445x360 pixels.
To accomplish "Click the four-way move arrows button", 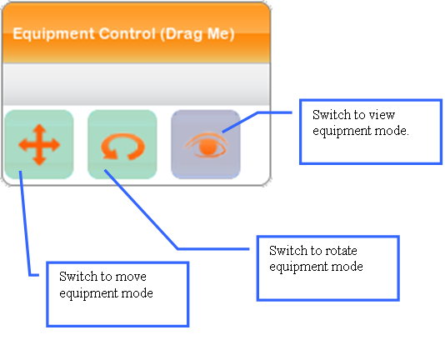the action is click(39, 144).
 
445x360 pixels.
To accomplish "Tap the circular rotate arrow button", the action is click(122, 144).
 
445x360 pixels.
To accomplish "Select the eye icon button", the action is click(206, 144).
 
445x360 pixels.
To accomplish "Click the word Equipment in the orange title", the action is click(53, 34).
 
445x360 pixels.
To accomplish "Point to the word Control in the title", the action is click(127, 33).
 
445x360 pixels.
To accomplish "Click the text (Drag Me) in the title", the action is click(197, 34).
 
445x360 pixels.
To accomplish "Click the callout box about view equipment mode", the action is click(371, 132).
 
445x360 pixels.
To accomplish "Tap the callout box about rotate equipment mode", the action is click(328, 268).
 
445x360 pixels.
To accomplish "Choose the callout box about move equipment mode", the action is click(117, 294).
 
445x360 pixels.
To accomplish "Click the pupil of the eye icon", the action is click(207, 147).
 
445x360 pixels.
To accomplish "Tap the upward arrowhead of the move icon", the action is click(39, 128).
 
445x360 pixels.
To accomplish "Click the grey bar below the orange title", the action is click(136, 84).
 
